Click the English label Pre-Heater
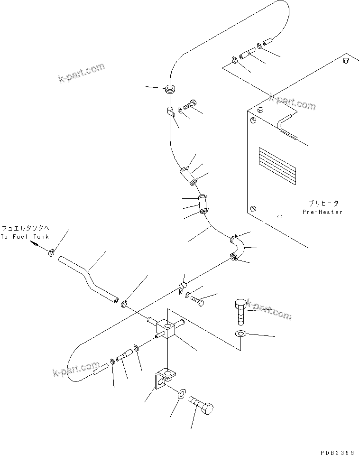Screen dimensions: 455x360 pos(322,212)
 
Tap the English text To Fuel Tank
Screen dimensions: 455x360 pos(24,236)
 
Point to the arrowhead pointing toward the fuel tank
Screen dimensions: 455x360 pos(35,244)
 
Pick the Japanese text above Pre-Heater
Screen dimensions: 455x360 pos(322,203)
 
